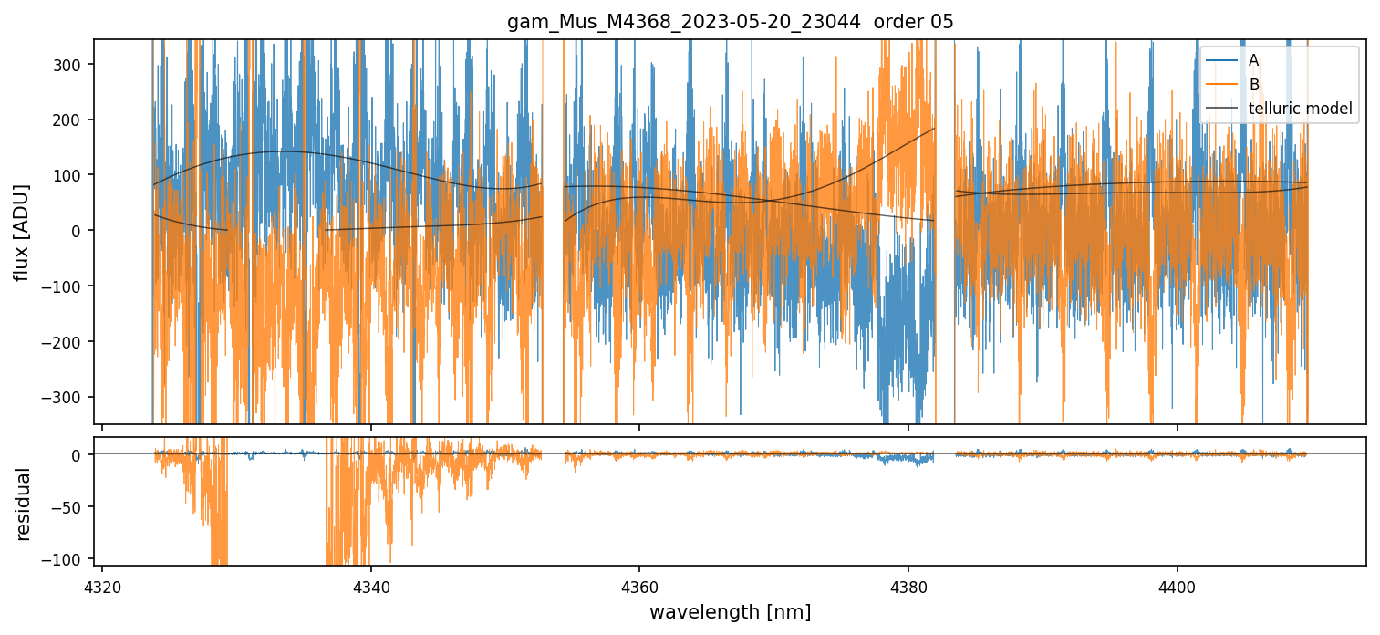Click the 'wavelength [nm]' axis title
(730, 611)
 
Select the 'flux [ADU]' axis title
(21, 232)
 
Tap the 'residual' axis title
(23, 504)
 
